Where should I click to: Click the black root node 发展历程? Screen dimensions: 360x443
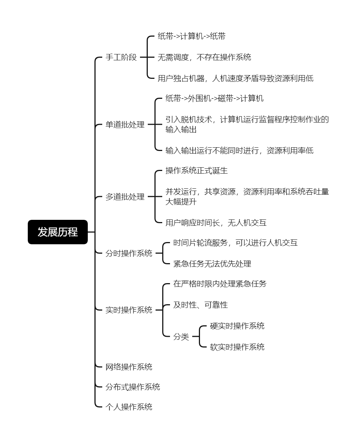[58, 232]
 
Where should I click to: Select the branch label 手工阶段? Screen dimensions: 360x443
[121, 57]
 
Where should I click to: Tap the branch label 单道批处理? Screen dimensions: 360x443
[125, 125]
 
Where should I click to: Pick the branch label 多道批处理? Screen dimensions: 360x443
[125, 197]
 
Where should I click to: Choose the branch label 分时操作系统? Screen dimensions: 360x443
[129, 253]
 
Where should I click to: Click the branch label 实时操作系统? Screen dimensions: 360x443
[129, 310]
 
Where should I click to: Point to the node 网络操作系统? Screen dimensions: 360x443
[129, 367]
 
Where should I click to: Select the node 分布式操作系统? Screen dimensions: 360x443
[133, 387]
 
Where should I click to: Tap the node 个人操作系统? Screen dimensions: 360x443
[129, 407]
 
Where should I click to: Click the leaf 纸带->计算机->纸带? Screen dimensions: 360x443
[191, 36]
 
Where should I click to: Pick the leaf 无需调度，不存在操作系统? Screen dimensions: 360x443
[204, 57]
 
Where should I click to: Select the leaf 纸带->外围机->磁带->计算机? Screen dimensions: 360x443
[214, 98]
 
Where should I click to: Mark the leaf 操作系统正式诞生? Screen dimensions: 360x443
[197, 170]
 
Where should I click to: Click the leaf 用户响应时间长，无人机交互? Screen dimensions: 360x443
[216, 223]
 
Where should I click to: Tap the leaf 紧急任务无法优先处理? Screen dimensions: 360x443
[212, 264]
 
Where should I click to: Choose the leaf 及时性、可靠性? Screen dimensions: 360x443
[200, 305]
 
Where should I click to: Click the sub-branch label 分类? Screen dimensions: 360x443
[181, 336]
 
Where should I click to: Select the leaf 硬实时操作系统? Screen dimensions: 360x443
[237, 326]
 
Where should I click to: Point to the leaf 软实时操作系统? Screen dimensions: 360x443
[237, 347]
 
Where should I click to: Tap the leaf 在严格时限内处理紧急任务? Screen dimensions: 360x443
[220, 283]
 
